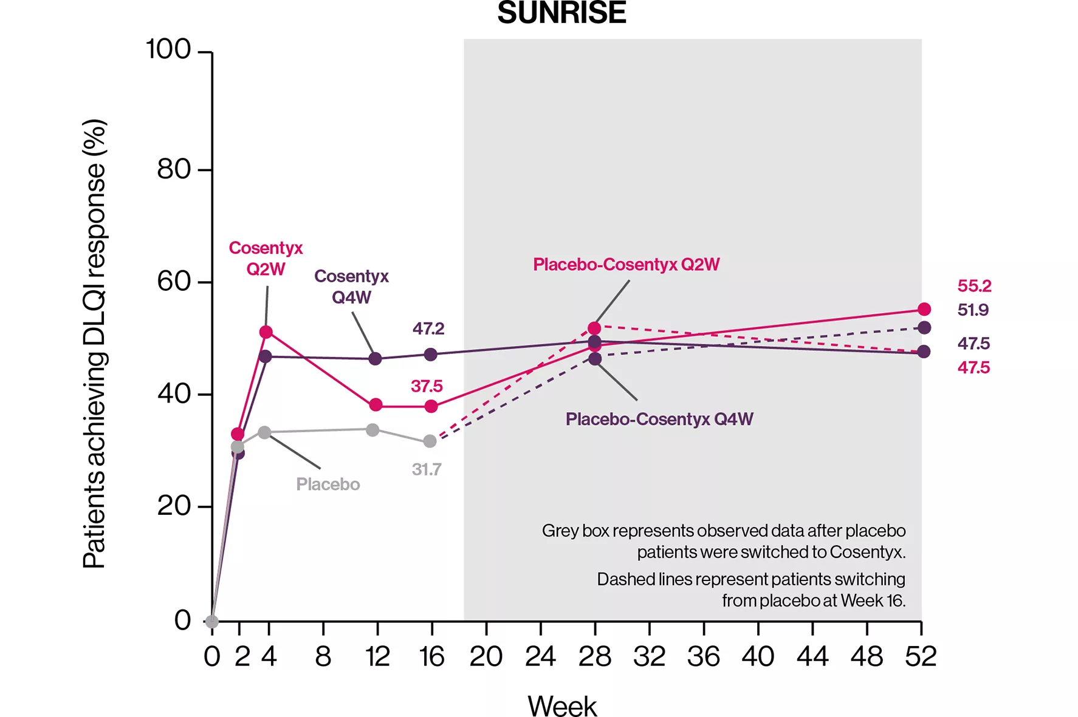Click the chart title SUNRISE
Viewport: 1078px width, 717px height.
point(561,13)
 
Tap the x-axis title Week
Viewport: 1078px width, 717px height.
point(561,705)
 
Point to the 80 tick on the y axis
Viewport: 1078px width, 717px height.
point(174,169)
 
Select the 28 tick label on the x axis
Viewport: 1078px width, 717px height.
point(594,656)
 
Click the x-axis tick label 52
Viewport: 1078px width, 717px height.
point(920,656)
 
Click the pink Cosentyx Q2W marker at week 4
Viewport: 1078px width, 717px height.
point(266,332)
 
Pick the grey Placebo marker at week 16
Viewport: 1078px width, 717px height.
point(430,441)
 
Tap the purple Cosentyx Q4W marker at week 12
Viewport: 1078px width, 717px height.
point(376,359)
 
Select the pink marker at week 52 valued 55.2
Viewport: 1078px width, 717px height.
point(924,310)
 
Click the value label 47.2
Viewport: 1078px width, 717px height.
point(428,328)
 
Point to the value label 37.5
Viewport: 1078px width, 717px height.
point(427,386)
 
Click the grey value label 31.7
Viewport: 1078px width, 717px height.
point(427,469)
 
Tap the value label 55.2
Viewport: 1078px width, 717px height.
point(974,286)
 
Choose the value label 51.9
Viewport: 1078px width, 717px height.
point(973,310)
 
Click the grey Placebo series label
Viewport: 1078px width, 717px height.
point(328,484)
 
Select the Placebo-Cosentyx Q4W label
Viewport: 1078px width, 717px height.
point(659,419)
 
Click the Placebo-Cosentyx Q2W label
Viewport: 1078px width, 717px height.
point(626,265)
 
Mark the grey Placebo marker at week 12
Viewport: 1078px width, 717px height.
point(372,430)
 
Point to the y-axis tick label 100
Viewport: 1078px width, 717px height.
point(168,49)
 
